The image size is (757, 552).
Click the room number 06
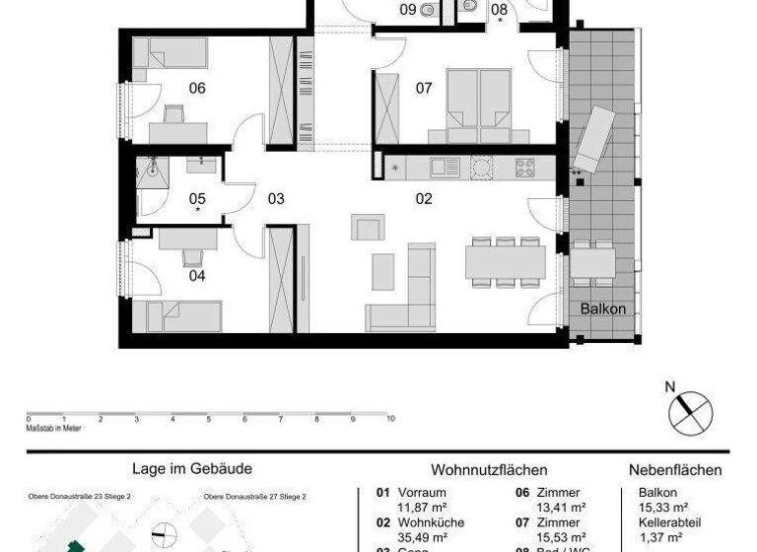click(197, 89)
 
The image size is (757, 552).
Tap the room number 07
click(424, 89)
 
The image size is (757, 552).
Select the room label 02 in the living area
click(424, 198)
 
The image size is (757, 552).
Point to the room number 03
click(275, 198)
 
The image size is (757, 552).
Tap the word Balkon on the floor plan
click(602, 309)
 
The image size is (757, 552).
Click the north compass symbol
click(690, 410)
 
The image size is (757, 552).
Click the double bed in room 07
click(478, 100)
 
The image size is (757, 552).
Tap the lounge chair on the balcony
click(595, 138)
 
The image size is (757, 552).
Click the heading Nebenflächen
click(675, 471)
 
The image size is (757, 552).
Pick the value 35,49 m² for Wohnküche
click(423, 537)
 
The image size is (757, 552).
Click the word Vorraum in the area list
click(422, 493)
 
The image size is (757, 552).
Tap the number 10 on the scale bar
click(391, 419)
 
